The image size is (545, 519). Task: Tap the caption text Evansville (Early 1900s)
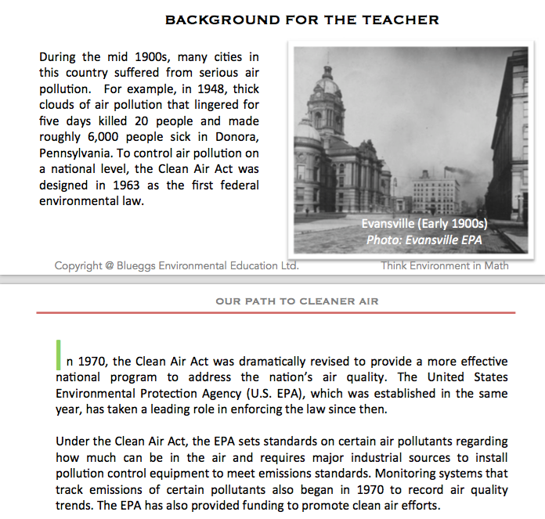[x=424, y=223]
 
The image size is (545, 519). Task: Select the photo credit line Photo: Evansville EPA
[x=424, y=239]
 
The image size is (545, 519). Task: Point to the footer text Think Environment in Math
[x=444, y=266]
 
